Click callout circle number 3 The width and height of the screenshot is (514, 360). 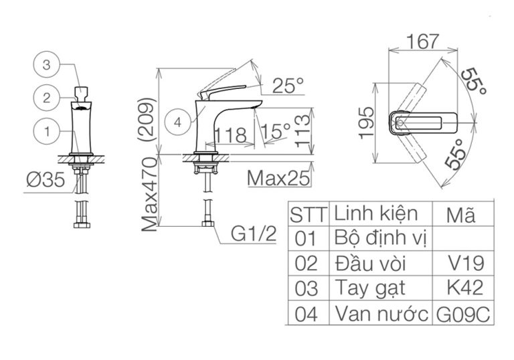46,65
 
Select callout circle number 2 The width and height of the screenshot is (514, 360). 46,98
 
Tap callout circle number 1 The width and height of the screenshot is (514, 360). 46,131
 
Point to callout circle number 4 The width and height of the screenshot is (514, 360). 178,122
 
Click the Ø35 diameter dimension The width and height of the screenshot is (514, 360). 48,182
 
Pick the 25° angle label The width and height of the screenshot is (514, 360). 288,86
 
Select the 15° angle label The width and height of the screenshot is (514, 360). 276,129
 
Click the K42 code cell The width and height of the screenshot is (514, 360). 464,287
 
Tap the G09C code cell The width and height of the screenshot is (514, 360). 464,313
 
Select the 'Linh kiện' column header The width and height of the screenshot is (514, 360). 375,214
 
